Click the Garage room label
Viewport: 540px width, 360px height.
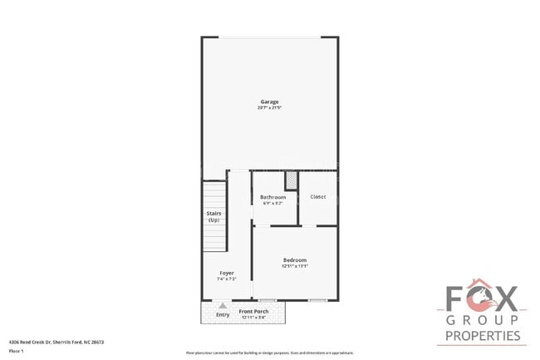269,101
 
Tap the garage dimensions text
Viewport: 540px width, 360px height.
269,108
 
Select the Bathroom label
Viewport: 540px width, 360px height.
272,197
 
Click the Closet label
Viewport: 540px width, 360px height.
317,196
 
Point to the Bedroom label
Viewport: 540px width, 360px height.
295,260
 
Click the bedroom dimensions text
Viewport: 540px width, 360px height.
295,267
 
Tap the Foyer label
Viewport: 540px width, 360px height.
226,273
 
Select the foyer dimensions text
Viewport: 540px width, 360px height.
226,279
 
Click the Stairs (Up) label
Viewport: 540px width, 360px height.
214,216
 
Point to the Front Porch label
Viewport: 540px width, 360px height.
254,311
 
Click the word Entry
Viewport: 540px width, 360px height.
223,315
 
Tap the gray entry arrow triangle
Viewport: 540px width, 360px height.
222,306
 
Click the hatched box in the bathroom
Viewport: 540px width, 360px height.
291,180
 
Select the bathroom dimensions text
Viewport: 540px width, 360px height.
272,203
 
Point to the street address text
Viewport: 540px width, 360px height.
56,342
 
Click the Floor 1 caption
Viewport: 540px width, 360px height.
16,351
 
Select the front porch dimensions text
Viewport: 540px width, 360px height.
254,317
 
